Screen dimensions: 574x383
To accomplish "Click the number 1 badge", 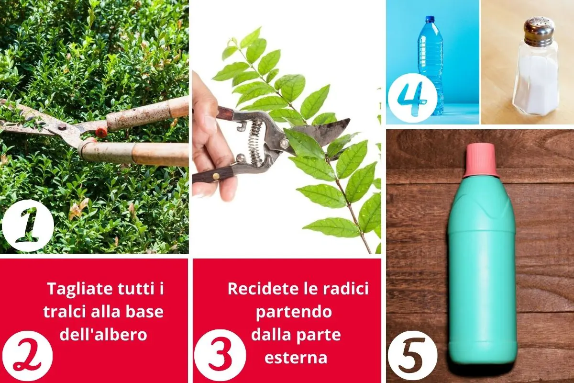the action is pyautogui.click(x=28, y=225).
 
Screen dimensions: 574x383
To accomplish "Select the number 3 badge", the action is pyautogui.click(x=220, y=355).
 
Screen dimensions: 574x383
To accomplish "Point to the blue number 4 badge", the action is pyautogui.click(x=412, y=98).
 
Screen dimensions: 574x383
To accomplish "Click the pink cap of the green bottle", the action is pyautogui.click(x=481, y=160).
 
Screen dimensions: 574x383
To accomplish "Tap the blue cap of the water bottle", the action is pyautogui.click(x=430, y=19).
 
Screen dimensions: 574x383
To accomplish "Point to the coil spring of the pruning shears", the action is pyautogui.click(x=255, y=142).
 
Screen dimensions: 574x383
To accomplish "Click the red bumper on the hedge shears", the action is pyautogui.click(x=101, y=132).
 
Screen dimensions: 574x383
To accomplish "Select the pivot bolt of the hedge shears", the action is pyautogui.click(x=62, y=127).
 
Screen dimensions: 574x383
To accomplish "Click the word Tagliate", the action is pyautogui.click(x=80, y=289).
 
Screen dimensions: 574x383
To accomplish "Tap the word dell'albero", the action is pyautogui.click(x=103, y=335).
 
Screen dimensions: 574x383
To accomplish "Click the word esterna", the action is pyautogui.click(x=296, y=358).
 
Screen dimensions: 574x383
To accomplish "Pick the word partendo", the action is pyautogui.click(x=294, y=312).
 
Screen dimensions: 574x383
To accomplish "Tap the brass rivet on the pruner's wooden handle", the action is pyautogui.click(x=216, y=176).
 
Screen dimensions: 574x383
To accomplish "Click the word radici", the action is pyautogui.click(x=346, y=289).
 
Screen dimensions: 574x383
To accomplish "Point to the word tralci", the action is pyautogui.click(x=64, y=312).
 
